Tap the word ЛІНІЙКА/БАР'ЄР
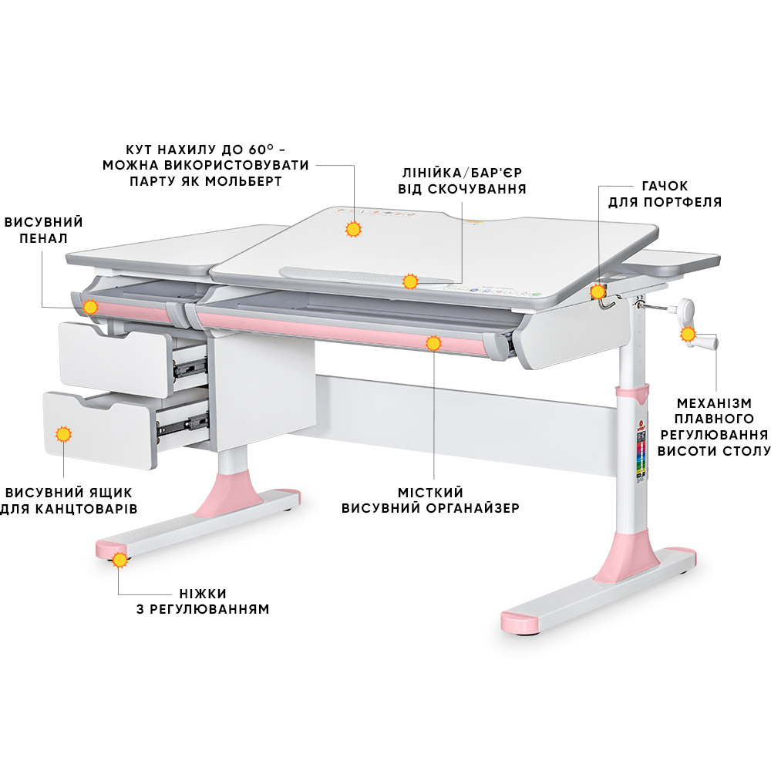[x=462, y=173]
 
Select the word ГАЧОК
[x=665, y=186]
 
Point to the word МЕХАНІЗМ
[x=714, y=403]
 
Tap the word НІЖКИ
[x=203, y=594]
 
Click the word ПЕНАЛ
[x=43, y=238]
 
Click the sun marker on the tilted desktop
[x=353, y=229]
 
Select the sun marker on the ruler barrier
[x=410, y=281]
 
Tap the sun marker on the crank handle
[x=688, y=335]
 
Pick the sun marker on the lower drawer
[x=63, y=435]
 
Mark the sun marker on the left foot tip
[x=120, y=560]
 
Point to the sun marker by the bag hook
[x=598, y=291]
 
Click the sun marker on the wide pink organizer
[x=433, y=343]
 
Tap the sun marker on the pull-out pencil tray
[x=90, y=308]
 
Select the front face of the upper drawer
[x=116, y=359]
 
